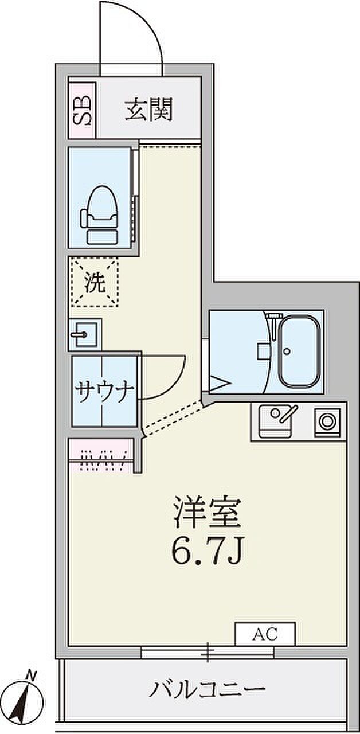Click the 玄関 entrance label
148,110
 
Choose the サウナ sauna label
104,393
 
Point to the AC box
265,635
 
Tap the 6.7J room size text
207,552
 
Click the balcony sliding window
208,653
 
